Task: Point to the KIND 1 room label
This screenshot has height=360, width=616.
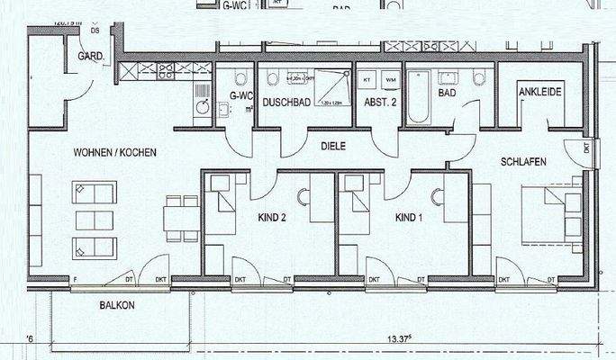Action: (x=408, y=218)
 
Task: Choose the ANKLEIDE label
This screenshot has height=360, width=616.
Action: (x=540, y=91)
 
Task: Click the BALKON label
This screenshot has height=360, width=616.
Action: (x=118, y=306)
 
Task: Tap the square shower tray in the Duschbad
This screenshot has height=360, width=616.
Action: (x=331, y=87)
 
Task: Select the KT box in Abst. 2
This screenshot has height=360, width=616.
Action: (x=367, y=81)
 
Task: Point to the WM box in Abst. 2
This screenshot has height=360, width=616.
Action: (x=389, y=81)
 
